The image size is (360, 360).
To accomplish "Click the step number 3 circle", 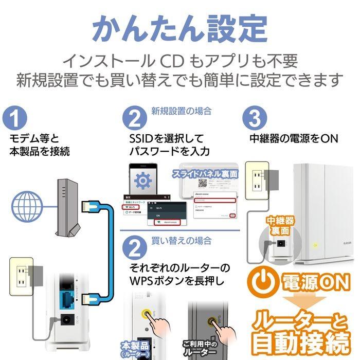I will pos(256,118).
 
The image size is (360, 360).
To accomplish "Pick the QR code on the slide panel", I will pos(203,184).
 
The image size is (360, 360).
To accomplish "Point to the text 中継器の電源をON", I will pos(294,138).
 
